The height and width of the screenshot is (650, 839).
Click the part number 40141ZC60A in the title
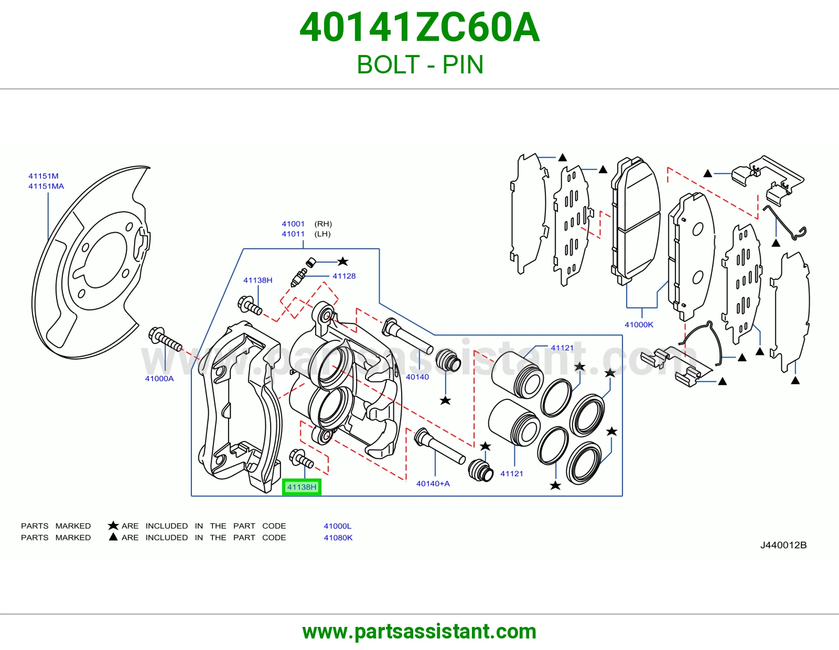[419, 27]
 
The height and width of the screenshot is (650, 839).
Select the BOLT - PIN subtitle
[419, 64]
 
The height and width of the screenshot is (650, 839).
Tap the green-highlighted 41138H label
[302, 487]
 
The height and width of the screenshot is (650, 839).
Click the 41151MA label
[46, 186]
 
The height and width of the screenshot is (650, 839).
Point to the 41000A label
[159, 378]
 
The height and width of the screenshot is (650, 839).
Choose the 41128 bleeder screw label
[344, 276]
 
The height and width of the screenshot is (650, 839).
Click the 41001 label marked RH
[293, 224]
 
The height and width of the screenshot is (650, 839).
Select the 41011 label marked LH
[293, 234]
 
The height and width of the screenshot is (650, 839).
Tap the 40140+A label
[433, 484]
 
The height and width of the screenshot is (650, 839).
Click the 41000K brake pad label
[639, 324]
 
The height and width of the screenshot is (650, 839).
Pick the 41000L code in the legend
[338, 526]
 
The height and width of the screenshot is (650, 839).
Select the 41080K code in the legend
[338, 538]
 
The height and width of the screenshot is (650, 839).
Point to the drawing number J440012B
[783, 545]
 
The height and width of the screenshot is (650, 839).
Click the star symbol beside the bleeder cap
[342, 262]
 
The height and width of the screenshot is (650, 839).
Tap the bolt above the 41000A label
[165, 339]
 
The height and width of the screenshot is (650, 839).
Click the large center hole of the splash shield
[105, 260]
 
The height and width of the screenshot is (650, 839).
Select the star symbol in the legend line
[113, 526]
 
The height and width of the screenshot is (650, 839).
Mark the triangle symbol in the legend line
[113, 537]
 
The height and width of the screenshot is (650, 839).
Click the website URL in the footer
[419, 632]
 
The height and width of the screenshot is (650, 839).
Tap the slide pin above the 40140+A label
[439, 446]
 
